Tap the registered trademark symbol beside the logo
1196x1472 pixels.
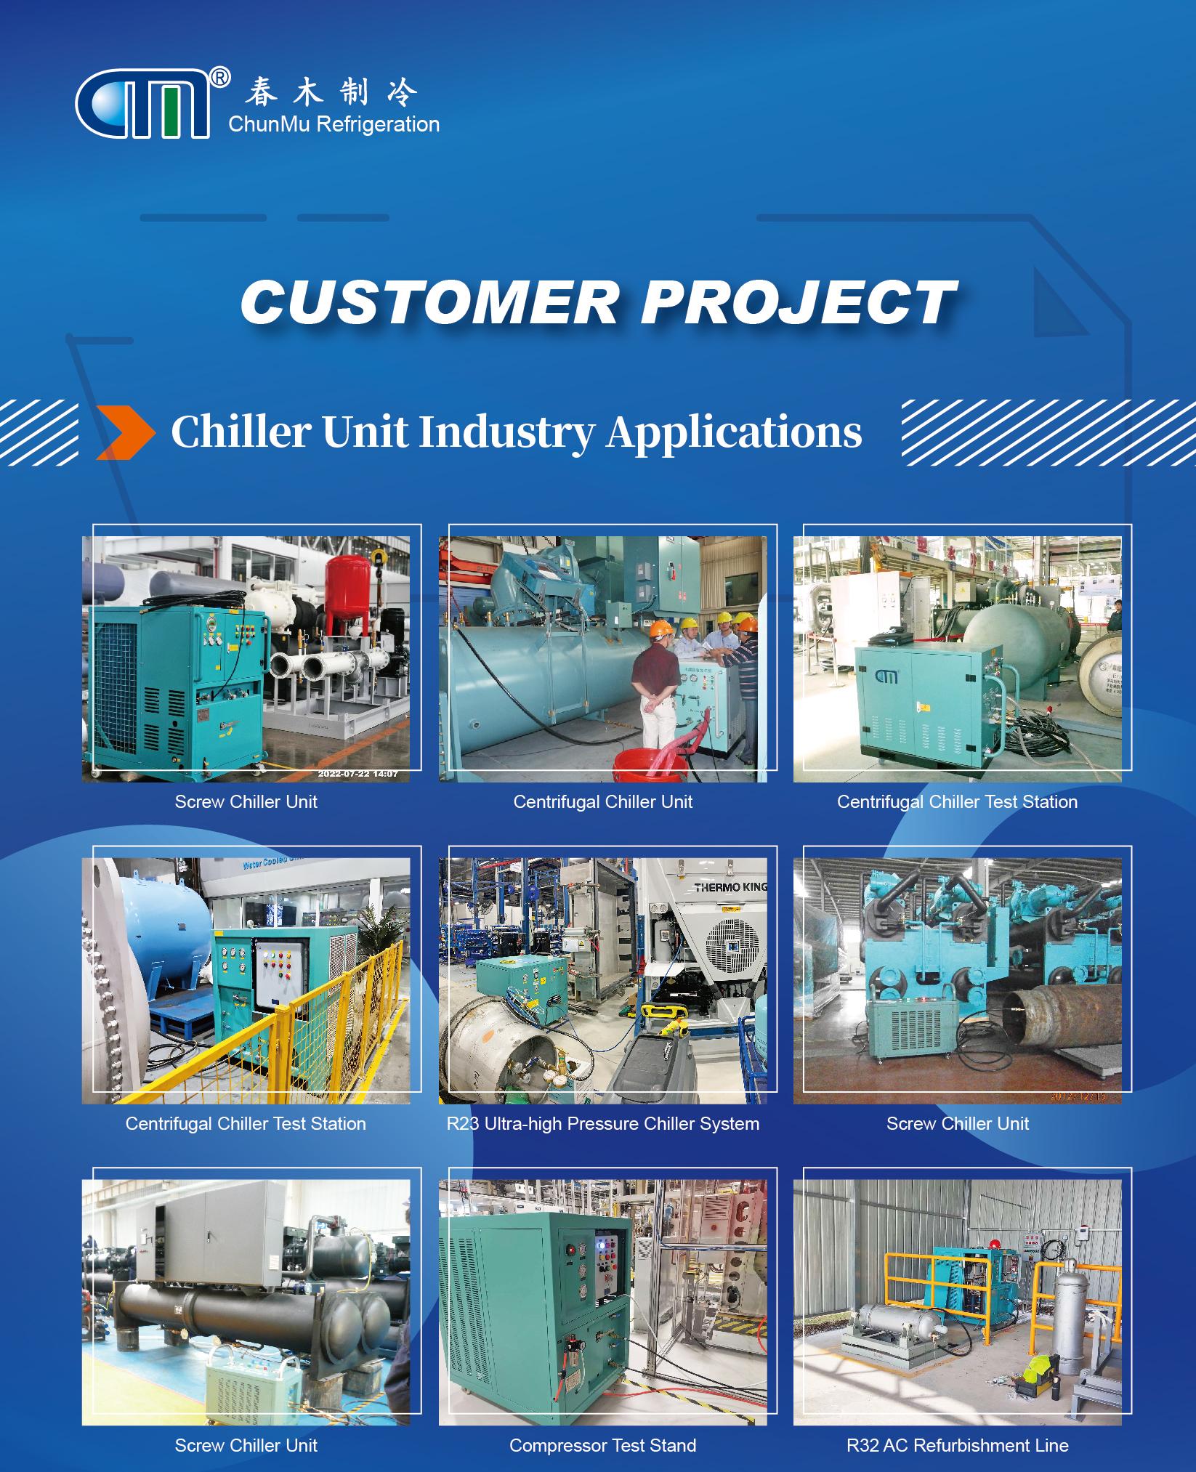(x=219, y=76)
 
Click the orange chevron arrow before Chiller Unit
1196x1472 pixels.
(x=125, y=433)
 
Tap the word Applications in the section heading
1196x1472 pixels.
(x=735, y=433)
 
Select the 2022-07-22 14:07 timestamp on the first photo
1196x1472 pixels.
(x=357, y=774)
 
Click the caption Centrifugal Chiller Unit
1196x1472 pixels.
(x=602, y=801)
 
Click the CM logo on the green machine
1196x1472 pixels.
(x=886, y=676)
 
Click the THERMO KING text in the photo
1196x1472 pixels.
(x=730, y=886)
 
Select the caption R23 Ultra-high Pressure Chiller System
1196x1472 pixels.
(x=602, y=1123)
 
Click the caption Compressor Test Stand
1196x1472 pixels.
(x=602, y=1445)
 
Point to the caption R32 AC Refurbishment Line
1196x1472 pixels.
(x=957, y=1445)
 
